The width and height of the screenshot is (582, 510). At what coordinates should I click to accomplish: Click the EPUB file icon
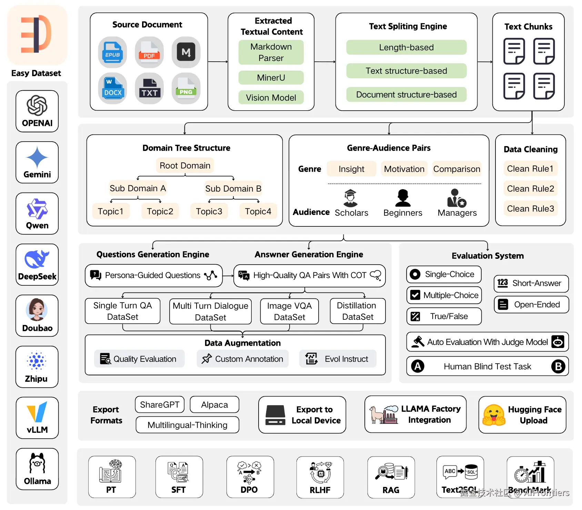coord(112,52)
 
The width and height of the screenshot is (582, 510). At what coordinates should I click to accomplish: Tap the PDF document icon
coord(149,52)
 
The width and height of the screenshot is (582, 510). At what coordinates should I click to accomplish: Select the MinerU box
coord(271,78)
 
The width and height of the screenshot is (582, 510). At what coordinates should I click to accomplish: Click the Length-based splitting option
coord(406,47)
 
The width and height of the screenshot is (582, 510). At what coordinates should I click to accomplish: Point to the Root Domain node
coord(185,165)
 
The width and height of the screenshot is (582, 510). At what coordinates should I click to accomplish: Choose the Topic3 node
coord(209,211)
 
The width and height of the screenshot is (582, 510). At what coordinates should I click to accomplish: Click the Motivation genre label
coord(404,169)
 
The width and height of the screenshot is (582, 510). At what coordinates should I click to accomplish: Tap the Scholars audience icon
coord(350,198)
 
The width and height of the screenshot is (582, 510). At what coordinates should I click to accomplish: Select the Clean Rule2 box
coord(530,188)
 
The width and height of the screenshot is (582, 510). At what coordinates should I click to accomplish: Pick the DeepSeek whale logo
coord(37,259)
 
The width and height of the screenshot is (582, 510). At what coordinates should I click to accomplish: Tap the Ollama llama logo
coord(37,463)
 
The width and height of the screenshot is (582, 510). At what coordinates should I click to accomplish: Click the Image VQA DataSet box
coord(289,311)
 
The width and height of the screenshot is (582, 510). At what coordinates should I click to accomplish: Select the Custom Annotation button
coord(243,359)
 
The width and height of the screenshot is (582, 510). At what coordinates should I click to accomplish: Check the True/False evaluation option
coord(444,316)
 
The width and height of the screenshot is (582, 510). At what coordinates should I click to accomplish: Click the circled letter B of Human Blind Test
coord(558,366)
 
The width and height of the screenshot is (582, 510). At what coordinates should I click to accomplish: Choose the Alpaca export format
coord(214,405)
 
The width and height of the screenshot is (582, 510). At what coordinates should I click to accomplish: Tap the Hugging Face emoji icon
coord(494,415)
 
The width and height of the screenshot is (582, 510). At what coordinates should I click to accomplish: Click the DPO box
coord(250,477)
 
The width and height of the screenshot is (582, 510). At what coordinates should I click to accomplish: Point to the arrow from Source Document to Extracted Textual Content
coord(218,62)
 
